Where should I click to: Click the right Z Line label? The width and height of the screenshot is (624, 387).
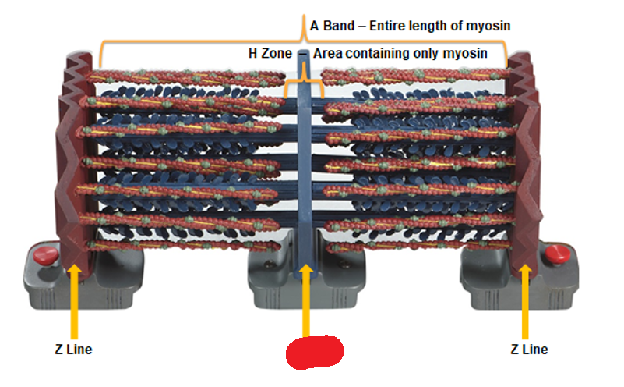pos(529,350)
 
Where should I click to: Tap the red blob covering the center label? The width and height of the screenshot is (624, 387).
pos(314,352)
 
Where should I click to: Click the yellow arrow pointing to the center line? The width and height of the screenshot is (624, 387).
pos(305,300)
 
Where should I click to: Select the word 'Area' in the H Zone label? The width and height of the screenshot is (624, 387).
pos(328,54)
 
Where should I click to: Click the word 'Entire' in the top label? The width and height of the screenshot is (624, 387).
pos(388,27)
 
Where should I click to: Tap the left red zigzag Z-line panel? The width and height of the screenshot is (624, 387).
pos(74,156)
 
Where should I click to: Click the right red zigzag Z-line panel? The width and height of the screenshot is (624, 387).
pos(525,156)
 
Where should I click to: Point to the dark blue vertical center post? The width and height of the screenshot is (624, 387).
pos(304,156)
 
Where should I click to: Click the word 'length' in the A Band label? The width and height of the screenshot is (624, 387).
pos(432,27)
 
